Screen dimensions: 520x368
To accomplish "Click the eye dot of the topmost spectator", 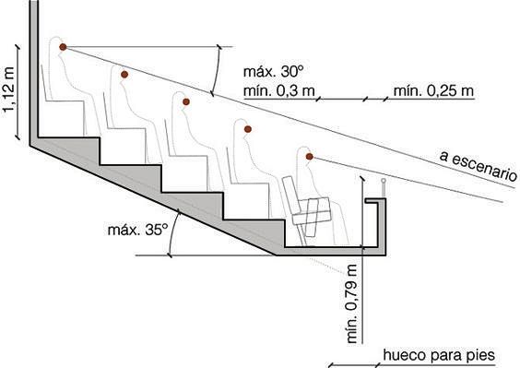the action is (x=63, y=47).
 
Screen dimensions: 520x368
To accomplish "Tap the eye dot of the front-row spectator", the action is (x=310, y=156).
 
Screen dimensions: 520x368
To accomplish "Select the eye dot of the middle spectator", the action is (x=186, y=101).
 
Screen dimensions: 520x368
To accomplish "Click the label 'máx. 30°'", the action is (x=273, y=72).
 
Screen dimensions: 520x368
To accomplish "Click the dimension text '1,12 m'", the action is (x=9, y=90).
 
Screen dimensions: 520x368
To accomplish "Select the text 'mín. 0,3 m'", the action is (x=279, y=90).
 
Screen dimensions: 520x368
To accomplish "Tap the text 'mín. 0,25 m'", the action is (x=433, y=90).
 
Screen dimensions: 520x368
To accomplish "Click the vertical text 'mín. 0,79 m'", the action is (x=351, y=303).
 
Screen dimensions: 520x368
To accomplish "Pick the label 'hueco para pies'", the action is (x=439, y=355).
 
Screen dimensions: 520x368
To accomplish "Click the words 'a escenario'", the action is (x=478, y=166).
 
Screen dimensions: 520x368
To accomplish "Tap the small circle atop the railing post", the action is (x=384, y=181).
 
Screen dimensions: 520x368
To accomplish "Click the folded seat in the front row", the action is (x=307, y=209).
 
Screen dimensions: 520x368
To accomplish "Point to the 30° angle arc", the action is (x=217, y=70).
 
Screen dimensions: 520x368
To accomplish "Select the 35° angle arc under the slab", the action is (x=172, y=233).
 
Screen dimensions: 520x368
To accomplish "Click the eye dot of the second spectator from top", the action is (x=124, y=75).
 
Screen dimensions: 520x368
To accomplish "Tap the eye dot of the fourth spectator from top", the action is (x=247, y=129).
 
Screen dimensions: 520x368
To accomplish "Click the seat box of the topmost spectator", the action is (x=64, y=118).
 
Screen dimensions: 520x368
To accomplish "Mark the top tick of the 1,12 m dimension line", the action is (x=18, y=47).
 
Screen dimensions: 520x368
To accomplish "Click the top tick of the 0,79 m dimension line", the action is (x=363, y=179).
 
